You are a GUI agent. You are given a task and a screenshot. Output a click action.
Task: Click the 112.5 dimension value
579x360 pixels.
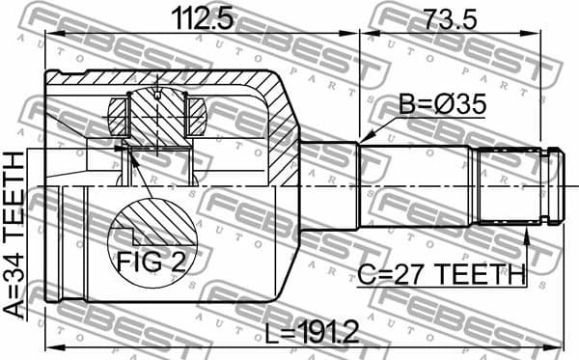tap(201, 16)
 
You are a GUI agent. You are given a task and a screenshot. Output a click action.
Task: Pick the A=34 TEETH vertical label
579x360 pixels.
tap(16, 235)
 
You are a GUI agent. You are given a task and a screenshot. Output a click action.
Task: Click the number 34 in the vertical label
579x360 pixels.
tap(16, 269)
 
